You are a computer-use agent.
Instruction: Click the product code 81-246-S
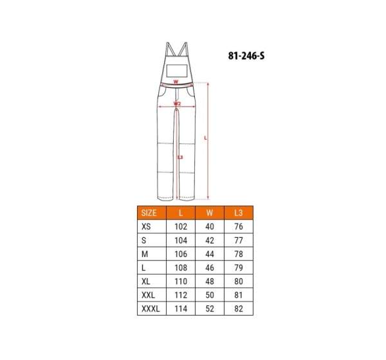click(x=246, y=56)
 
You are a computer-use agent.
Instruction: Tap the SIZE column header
click(x=149, y=213)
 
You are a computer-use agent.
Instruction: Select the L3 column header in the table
click(x=238, y=213)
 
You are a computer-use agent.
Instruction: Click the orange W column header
click(x=210, y=213)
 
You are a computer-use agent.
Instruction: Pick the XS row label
click(x=146, y=226)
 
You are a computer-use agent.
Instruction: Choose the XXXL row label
click(x=151, y=309)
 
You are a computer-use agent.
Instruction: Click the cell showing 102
click(x=181, y=226)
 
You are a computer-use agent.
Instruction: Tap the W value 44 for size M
click(x=210, y=254)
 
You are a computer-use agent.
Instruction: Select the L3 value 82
click(x=239, y=309)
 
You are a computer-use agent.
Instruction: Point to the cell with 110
click(x=181, y=282)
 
